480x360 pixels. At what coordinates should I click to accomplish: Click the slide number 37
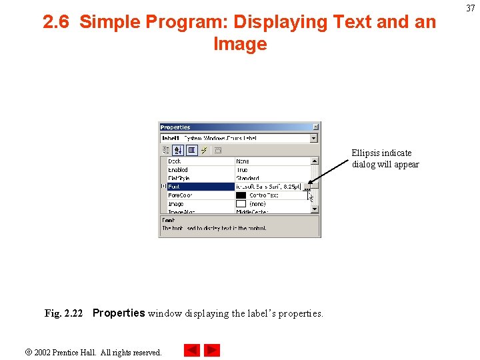point(470,8)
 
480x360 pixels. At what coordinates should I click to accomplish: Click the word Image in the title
point(240,45)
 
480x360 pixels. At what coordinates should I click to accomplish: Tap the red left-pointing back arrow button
point(191,350)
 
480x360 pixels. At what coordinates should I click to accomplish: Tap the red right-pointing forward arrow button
point(212,350)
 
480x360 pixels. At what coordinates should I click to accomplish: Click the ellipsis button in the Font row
point(307,187)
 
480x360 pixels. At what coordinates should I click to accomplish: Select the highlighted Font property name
point(175,187)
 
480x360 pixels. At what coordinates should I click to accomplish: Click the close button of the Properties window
point(316,127)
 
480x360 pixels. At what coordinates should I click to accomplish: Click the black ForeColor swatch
point(241,195)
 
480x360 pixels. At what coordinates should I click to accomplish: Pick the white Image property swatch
point(241,204)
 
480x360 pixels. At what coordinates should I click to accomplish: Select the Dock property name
point(175,161)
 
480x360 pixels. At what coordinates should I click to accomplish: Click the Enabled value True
point(242,170)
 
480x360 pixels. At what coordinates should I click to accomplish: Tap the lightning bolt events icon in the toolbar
point(205,150)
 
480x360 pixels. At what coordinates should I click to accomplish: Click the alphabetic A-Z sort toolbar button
point(178,150)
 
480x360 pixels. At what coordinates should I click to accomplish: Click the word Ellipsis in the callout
point(366,153)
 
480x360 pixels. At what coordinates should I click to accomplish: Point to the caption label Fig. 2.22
point(63,313)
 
